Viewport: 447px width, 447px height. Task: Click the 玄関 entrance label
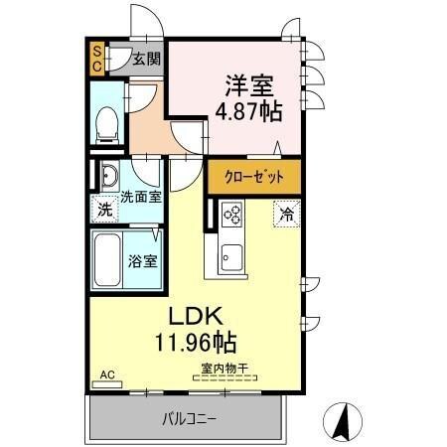pos(147,59)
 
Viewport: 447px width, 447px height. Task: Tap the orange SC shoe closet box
pos(97,59)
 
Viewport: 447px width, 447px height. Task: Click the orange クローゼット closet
pos(253,177)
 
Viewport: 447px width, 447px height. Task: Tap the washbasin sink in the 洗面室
pos(108,180)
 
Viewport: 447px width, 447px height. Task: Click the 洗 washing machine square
pos(104,210)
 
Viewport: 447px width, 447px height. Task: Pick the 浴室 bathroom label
pos(141,262)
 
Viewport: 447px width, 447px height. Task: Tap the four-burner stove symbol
pos(232,213)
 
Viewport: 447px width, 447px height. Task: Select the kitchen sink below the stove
pos(231,256)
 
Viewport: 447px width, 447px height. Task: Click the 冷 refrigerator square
pos(286,213)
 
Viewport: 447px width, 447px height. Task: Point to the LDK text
pos(196,318)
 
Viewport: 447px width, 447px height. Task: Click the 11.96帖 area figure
pos(195,344)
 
